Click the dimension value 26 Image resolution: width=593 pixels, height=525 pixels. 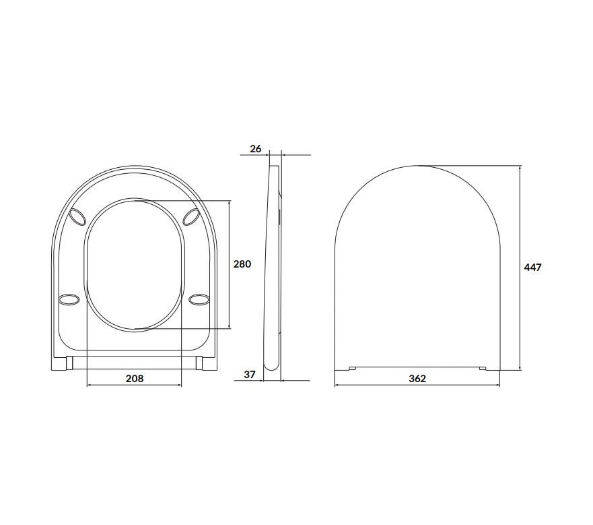point(256,148)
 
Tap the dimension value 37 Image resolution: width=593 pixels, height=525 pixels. point(250,375)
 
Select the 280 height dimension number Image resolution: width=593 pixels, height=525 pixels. point(242,264)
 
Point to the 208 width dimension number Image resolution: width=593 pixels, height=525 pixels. point(135,379)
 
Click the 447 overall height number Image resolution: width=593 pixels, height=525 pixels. point(532,268)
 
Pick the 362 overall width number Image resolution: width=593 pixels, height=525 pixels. point(417,379)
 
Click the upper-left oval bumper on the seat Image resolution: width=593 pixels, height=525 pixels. point(78,216)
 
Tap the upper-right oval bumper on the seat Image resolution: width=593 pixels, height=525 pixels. point(191,216)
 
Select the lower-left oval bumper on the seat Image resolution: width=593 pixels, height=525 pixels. point(69,299)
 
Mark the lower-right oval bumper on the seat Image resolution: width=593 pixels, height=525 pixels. point(200,299)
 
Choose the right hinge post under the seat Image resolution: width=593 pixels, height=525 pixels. point(201,363)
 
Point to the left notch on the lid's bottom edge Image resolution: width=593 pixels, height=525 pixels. point(352,368)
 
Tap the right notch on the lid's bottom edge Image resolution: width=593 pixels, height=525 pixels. point(483,368)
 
